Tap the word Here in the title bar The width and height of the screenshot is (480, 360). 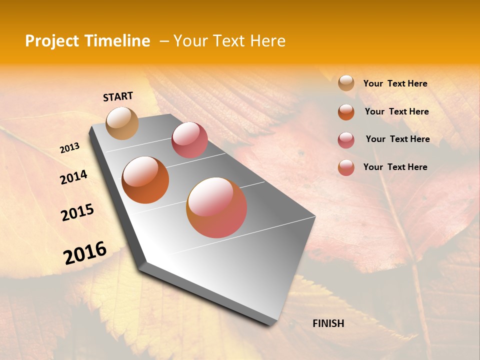[x=267, y=41]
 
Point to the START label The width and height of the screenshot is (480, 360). [x=118, y=96]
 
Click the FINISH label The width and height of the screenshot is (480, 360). [x=328, y=323]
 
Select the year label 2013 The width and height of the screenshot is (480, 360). [x=69, y=148]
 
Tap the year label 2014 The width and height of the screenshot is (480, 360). [x=73, y=177]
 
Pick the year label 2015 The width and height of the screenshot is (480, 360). [x=77, y=212]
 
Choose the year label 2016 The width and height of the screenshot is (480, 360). [x=85, y=252]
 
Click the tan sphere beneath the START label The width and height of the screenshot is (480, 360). [x=122, y=123]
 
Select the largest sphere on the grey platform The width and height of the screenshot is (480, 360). [x=216, y=207]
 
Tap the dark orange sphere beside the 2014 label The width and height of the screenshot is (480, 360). [x=145, y=180]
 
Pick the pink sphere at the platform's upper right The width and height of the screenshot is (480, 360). [x=189, y=140]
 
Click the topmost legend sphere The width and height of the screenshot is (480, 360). [x=346, y=83]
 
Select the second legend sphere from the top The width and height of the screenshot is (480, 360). [x=346, y=111]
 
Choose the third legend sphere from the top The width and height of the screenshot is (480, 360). [x=346, y=139]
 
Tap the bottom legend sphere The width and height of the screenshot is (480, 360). [x=346, y=167]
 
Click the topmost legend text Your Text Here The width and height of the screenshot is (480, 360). [x=395, y=83]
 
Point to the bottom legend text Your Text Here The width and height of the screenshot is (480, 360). [x=395, y=167]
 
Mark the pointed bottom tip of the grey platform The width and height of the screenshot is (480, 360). [x=270, y=325]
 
